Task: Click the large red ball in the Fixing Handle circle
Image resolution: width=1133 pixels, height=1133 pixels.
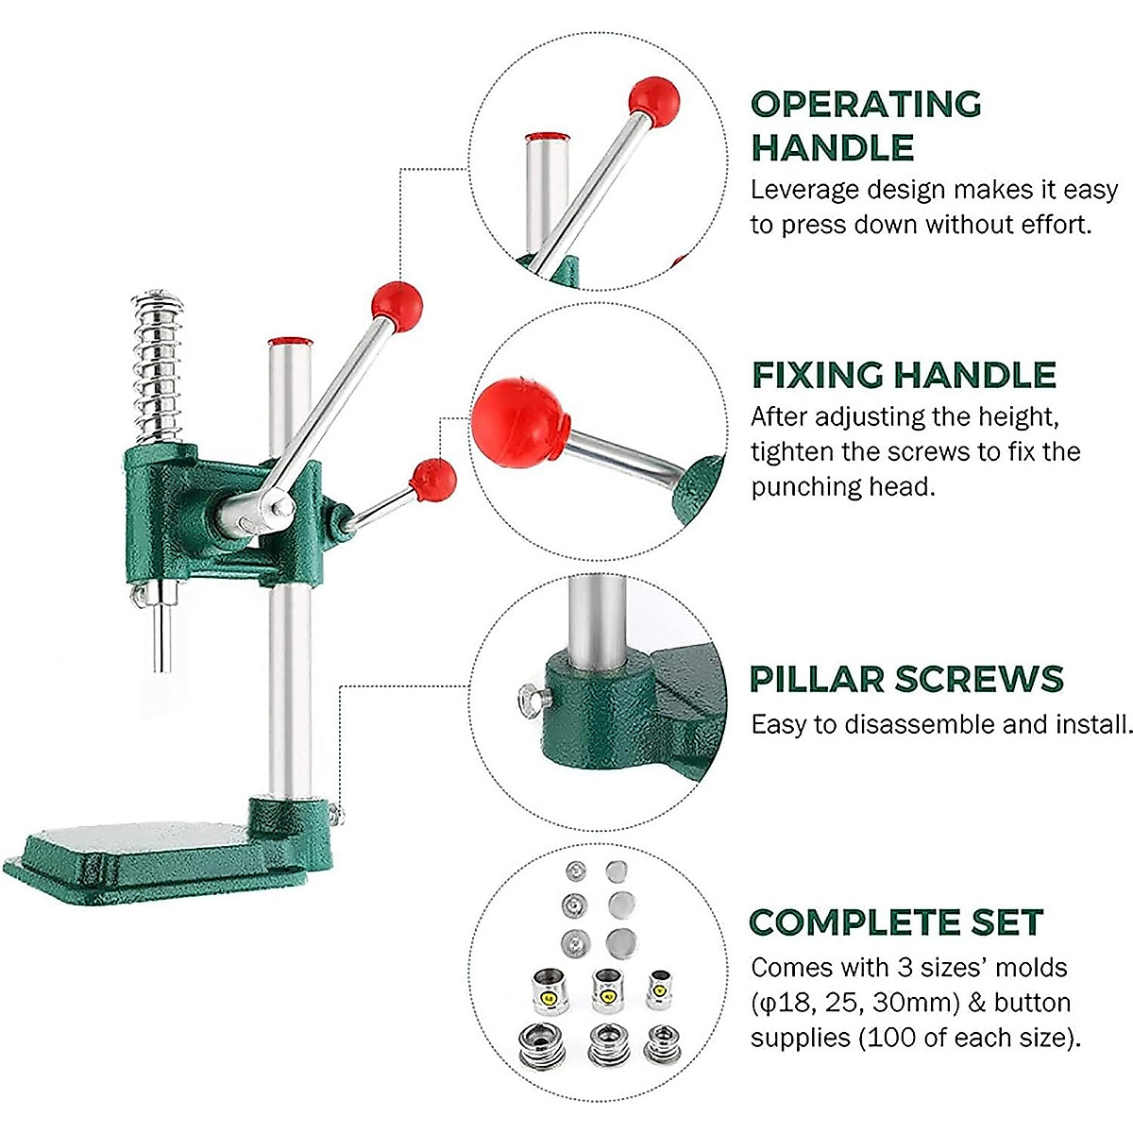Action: pos(520,423)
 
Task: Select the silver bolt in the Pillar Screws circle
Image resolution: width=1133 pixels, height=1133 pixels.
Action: pos(532,700)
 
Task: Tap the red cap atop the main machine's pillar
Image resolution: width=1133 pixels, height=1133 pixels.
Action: pos(289,341)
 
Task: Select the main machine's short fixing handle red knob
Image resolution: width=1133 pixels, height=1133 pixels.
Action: pos(433,480)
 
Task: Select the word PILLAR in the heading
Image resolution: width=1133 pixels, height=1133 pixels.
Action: pos(817,679)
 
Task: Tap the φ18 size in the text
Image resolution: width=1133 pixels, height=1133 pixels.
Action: pos(779,1003)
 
